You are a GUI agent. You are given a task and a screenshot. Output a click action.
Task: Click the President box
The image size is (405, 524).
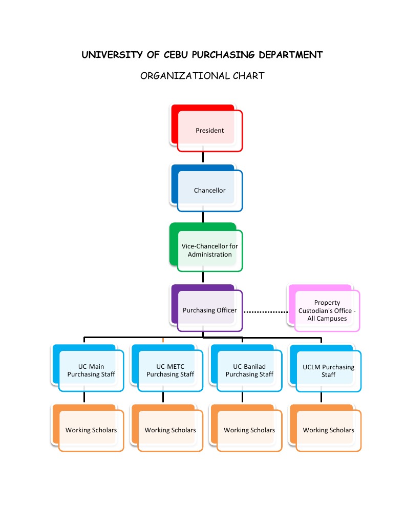click(x=209, y=131)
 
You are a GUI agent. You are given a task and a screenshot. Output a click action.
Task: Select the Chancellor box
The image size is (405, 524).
click(x=209, y=191)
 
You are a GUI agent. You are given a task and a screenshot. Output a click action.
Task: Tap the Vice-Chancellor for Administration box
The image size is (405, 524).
click(x=209, y=250)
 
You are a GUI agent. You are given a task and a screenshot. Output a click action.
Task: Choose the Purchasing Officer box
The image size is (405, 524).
click(x=209, y=310)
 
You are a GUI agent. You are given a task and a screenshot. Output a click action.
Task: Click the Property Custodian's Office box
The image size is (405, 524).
click(x=327, y=311)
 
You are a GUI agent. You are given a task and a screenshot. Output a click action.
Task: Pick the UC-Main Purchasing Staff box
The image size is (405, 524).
click(x=91, y=370)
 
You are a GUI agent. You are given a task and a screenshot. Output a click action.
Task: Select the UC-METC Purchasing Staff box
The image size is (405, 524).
click(x=170, y=370)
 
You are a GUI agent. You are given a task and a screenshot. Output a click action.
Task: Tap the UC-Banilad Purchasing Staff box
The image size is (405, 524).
click(x=249, y=370)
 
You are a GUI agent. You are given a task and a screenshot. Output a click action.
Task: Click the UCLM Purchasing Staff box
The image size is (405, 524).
click(x=328, y=370)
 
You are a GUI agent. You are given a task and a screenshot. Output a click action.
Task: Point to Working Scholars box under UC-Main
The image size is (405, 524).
click(x=91, y=430)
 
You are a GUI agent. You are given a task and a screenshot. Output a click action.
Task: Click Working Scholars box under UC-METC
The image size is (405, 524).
click(x=170, y=430)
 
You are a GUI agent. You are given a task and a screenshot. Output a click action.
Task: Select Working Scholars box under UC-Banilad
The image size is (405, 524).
click(x=249, y=430)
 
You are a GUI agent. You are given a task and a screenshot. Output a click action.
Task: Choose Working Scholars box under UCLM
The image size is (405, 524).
click(x=328, y=430)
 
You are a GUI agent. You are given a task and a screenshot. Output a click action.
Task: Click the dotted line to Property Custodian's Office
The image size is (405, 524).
click(x=266, y=311)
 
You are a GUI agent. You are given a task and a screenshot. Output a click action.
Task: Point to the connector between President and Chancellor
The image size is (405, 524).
click(x=203, y=158)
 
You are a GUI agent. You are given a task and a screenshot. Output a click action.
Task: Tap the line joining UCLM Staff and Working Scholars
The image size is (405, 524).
click(x=321, y=397)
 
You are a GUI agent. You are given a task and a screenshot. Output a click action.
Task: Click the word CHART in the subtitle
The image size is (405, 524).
click(x=248, y=76)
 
